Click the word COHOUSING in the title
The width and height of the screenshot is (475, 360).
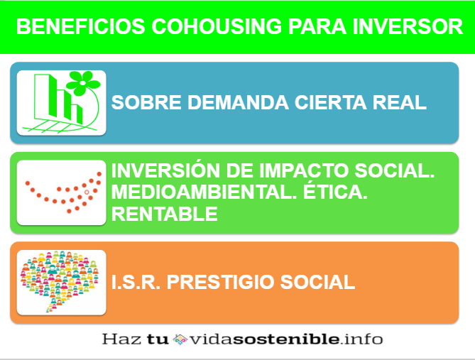[217, 27]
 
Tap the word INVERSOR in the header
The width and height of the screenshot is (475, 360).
[408, 27]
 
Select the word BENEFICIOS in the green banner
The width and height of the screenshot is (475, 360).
[80, 27]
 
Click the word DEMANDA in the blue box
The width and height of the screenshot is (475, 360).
[238, 102]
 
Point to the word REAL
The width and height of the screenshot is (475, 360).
[399, 102]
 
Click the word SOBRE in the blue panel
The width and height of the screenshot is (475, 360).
[146, 102]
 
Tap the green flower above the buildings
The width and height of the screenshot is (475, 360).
[82, 83]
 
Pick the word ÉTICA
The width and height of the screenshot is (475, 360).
[335, 192]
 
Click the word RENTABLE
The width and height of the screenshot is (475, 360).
[165, 214]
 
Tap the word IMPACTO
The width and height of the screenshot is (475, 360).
[303, 170]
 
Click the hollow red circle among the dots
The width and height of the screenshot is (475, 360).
[87, 192]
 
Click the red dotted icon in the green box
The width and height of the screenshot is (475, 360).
[63, 192]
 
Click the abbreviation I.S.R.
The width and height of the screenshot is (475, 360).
[136, 282]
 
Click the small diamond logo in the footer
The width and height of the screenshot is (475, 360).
[180, 339]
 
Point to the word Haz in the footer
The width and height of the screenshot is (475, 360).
[121, 339]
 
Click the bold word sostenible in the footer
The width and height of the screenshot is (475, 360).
[286, 339]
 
